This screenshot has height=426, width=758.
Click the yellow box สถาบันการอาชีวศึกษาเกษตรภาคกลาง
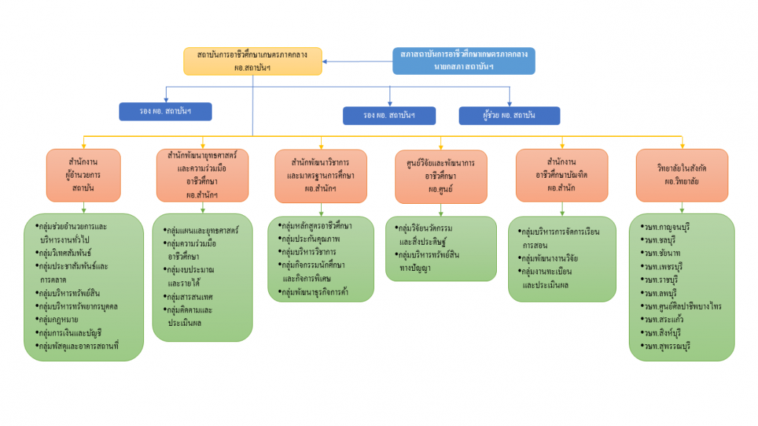(253, 61)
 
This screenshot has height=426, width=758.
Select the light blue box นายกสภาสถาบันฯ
(464, 61)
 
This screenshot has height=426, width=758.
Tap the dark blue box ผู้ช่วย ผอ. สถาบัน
(509, 116)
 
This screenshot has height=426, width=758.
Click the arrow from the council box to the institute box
(357, 61)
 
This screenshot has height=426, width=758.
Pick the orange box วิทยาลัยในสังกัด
(682, 175)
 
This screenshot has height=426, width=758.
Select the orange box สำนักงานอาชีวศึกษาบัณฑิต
(562, 175)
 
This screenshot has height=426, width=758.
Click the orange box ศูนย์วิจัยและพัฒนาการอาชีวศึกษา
(441, 176)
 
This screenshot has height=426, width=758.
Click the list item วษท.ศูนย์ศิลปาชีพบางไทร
(682, 306)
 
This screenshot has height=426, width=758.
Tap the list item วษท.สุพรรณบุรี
(667, 346)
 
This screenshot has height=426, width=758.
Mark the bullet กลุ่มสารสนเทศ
(191, 296)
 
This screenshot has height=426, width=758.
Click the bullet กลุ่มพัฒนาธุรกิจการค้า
(318, 291)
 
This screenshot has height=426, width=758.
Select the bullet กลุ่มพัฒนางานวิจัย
(551, 258)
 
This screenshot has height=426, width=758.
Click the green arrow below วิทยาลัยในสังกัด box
(682, 207)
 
